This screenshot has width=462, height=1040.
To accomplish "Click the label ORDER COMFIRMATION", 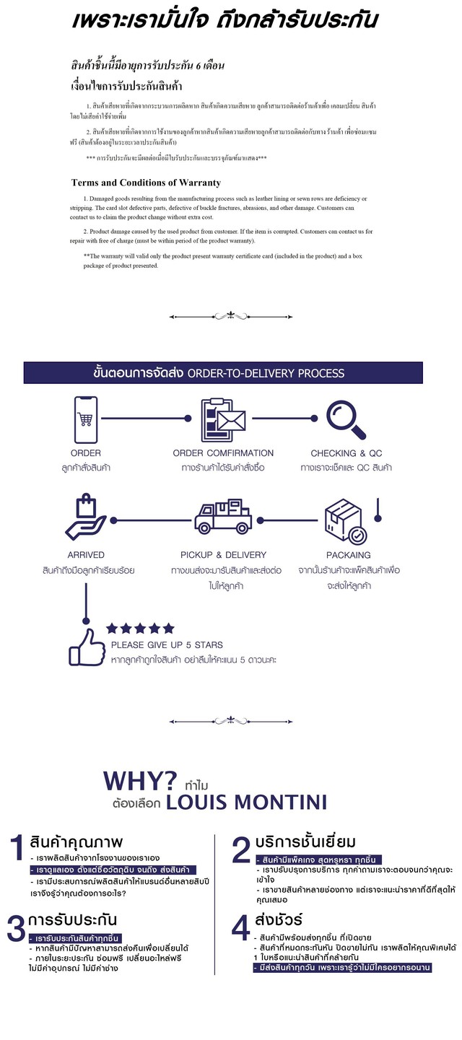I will (223, 453).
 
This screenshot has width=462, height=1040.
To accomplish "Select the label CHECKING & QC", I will (346, 453).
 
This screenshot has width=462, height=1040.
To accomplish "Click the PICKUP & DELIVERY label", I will (223, 555).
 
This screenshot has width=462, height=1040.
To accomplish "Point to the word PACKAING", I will (348, 555).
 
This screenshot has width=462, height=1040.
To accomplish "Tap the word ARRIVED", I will (86, 555).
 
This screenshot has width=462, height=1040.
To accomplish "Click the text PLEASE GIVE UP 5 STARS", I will (167, 644).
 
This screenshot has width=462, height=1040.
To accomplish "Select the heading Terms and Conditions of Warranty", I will (146, 183).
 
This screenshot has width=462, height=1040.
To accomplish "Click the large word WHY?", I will (140, 781).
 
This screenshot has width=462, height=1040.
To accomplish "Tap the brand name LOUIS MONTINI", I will (246, 802).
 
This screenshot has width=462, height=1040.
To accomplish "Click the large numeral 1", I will (17, 850).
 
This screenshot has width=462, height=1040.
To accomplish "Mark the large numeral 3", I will (16, 929).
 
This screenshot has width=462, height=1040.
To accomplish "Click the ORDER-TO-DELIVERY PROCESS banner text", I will (266, 373).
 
